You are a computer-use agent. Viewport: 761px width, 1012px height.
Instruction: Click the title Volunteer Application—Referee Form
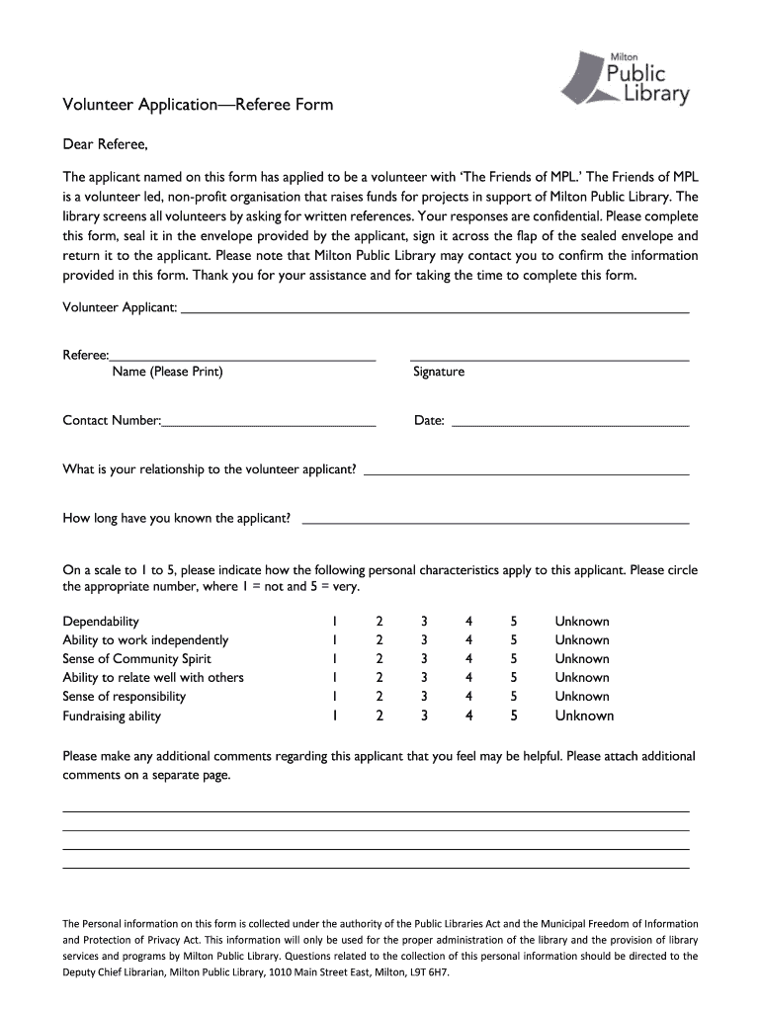point(198,104)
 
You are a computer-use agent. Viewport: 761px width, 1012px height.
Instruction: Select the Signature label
point(439,372)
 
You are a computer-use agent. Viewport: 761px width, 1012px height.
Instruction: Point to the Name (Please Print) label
point(167,372)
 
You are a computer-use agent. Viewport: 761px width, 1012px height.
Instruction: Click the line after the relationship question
point(526,471)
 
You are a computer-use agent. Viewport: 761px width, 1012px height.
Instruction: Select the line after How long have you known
point(494,519)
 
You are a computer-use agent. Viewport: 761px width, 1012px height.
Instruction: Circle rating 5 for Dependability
point(514,622)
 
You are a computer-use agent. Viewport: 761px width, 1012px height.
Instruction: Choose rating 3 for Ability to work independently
point(424,640)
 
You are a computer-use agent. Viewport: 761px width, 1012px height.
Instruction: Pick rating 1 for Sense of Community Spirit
point(335,659)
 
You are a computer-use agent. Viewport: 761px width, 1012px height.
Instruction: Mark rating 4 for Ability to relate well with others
point(469,678)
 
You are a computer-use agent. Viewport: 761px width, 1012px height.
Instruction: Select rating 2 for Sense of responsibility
point(379,697)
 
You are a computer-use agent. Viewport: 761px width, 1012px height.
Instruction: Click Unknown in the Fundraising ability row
point(583,716)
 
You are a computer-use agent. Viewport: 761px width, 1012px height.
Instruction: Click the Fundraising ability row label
point(112,716)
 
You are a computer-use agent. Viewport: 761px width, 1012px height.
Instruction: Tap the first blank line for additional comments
point(376,809)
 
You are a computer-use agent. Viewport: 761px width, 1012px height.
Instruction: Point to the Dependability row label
point(101,622)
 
